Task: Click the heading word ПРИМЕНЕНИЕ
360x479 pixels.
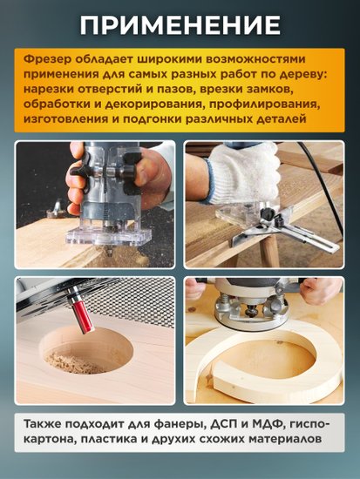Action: click(x=180, y=24)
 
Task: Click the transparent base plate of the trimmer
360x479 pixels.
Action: click(x=108, y=236)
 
